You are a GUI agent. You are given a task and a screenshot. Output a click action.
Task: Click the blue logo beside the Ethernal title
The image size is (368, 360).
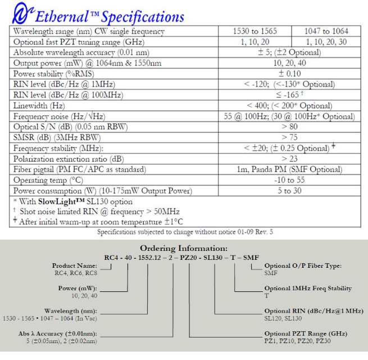click(22, 13)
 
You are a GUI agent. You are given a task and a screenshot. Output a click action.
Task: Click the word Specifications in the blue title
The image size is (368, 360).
click(143, 17)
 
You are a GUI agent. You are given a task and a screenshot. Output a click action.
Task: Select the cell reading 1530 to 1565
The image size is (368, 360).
click(255, 31)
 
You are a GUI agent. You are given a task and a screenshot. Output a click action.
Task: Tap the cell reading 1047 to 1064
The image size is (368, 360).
click(326, 31)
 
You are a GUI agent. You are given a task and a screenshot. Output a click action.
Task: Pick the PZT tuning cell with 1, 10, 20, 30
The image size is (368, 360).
click(326, 42)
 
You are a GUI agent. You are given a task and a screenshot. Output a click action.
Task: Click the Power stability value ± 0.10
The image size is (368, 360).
click(289, 74)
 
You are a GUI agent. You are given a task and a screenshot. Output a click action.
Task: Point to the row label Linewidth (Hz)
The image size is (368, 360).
click(39, 106)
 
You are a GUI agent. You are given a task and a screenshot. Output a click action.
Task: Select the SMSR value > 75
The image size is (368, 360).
click(289, 137)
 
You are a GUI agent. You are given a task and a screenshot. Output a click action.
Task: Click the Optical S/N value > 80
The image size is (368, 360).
click(289, 127)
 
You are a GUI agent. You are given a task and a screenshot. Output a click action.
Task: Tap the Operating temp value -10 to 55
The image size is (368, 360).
click(289, 180)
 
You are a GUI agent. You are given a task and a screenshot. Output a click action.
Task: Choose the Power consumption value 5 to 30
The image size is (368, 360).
click(289, 191)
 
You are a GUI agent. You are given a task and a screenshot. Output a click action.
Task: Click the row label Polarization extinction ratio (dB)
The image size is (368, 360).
click(69, 159)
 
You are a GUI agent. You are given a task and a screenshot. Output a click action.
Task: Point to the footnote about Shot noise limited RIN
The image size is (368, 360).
click(99, 211)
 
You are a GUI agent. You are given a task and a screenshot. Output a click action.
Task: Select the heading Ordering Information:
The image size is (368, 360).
click(184, 248)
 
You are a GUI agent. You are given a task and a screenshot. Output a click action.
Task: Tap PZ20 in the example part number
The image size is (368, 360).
click(188, 258)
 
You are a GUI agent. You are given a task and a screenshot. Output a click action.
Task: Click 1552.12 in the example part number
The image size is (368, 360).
click(149, 258)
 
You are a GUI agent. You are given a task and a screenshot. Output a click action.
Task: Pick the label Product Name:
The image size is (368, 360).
click(75, 265)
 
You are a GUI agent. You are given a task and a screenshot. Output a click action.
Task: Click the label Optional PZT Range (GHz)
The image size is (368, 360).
click(306, 334)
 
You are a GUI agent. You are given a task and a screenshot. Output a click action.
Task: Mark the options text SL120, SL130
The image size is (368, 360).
click(283, 318)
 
